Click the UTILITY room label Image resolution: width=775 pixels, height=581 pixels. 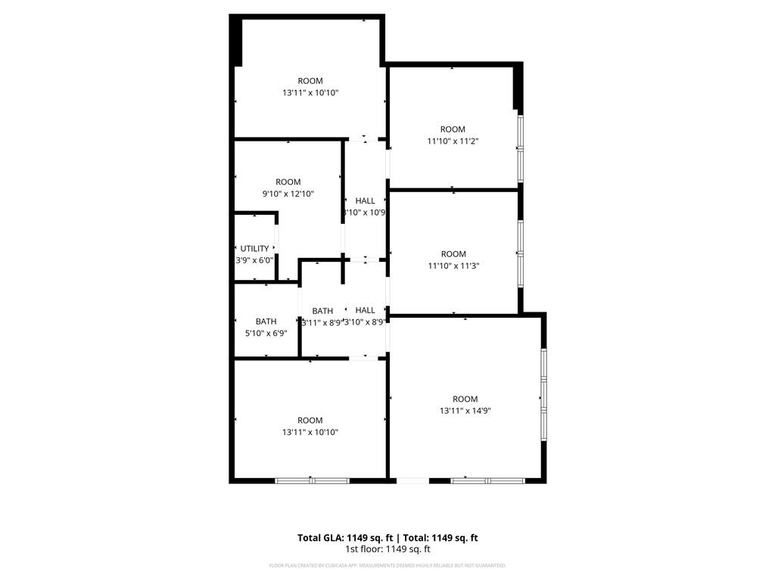click(x=254, y=248)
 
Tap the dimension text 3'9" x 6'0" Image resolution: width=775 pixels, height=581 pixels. click(x=254, y=260)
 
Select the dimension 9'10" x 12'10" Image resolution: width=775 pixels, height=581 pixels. click(x=288, y=194)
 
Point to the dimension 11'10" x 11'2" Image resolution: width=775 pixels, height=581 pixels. click(x=453, y=141)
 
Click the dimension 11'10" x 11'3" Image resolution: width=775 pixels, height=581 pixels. click(x=453, y=266)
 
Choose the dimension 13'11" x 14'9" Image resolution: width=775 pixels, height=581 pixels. click(x=465, y=411)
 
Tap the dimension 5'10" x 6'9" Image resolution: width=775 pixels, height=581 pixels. click(x=266, y=333)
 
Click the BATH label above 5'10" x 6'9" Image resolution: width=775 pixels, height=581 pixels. click(x=266, y=322)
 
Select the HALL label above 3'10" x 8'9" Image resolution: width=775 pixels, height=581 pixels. click(x=366, y=310)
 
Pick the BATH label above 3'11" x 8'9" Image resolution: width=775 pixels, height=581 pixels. click(x=322, y=311)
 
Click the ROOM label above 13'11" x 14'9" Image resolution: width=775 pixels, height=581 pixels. click(x=465, y=399)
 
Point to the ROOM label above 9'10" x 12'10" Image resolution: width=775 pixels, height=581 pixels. click(x=288, y=182)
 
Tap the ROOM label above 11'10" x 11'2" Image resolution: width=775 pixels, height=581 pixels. click(x=453, y=129)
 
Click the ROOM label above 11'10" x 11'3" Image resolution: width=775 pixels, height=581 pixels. click(x=453, y=254)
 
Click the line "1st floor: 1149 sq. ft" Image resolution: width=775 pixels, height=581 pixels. click(x=387, y=549)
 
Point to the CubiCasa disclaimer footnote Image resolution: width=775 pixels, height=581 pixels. click(x=387, y=565)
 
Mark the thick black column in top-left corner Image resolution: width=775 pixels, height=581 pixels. click(x=236, y=41)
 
